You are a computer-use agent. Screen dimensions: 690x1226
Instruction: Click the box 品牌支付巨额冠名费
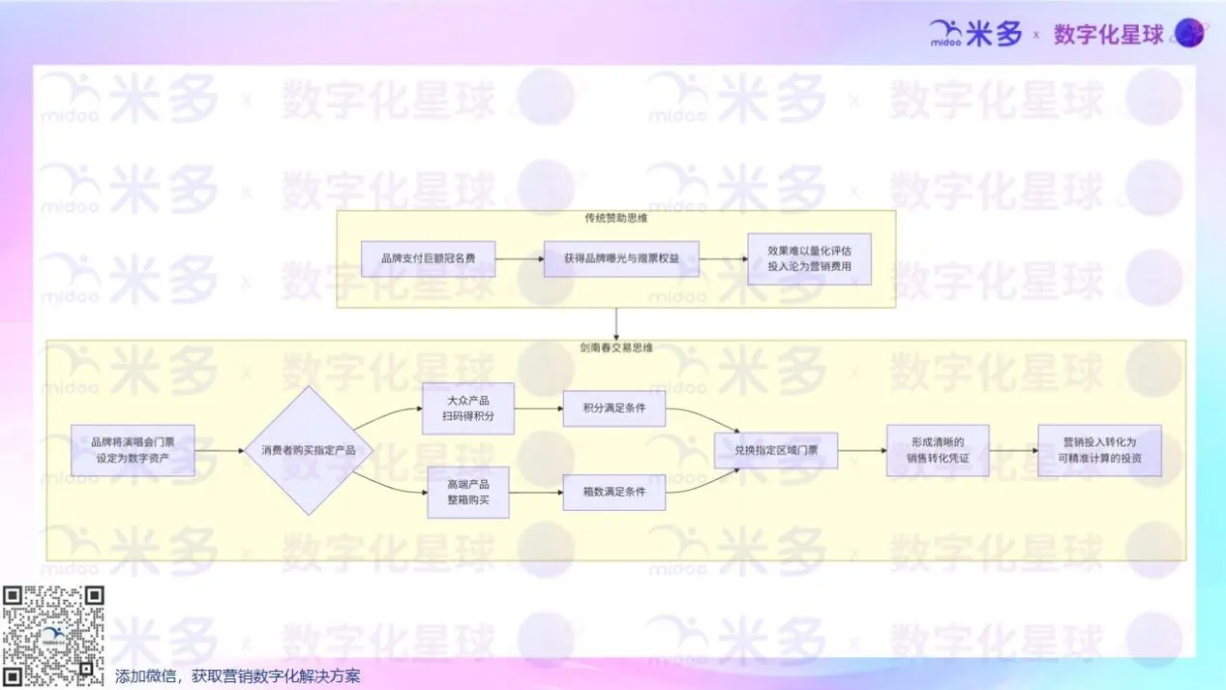pos(428,258)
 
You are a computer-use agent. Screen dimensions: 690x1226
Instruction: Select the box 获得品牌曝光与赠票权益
pos(621,258)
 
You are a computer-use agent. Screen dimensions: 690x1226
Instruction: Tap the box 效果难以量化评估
pos(809,258)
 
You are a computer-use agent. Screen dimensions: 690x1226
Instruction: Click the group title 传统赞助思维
pos(615,219)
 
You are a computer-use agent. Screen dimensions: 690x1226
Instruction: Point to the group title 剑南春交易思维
pos(615,347)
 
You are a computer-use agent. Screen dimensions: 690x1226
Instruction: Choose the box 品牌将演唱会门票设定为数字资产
pos(133,450)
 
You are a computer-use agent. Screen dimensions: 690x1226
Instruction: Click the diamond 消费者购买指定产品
pos(308,450)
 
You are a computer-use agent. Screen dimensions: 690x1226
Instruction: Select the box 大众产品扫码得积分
pos(469,408)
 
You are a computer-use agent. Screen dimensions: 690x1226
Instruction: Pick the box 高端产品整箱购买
pos(468,492)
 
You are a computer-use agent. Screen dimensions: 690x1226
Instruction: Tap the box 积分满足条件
pos(614,408)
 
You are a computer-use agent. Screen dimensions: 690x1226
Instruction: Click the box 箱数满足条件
pos(614,493)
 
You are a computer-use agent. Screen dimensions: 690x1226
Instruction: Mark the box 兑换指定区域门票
pos(776,450)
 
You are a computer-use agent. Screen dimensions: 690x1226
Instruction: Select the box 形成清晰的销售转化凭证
pos(938,450)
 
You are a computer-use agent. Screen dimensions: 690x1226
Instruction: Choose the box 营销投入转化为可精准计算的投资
pos(1099,450)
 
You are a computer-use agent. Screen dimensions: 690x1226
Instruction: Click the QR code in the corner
pos(53,636)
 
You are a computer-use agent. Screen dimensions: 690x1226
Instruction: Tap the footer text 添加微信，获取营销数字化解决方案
pos(237,676)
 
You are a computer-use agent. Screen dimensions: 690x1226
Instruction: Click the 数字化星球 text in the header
pos(1108,35)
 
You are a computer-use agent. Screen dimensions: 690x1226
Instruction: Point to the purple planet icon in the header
pos(1189,34)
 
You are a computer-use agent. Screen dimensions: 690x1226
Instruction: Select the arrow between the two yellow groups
pos(616,323)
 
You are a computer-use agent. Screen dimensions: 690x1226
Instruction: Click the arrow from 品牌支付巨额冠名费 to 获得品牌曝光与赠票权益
pos(520,258)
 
